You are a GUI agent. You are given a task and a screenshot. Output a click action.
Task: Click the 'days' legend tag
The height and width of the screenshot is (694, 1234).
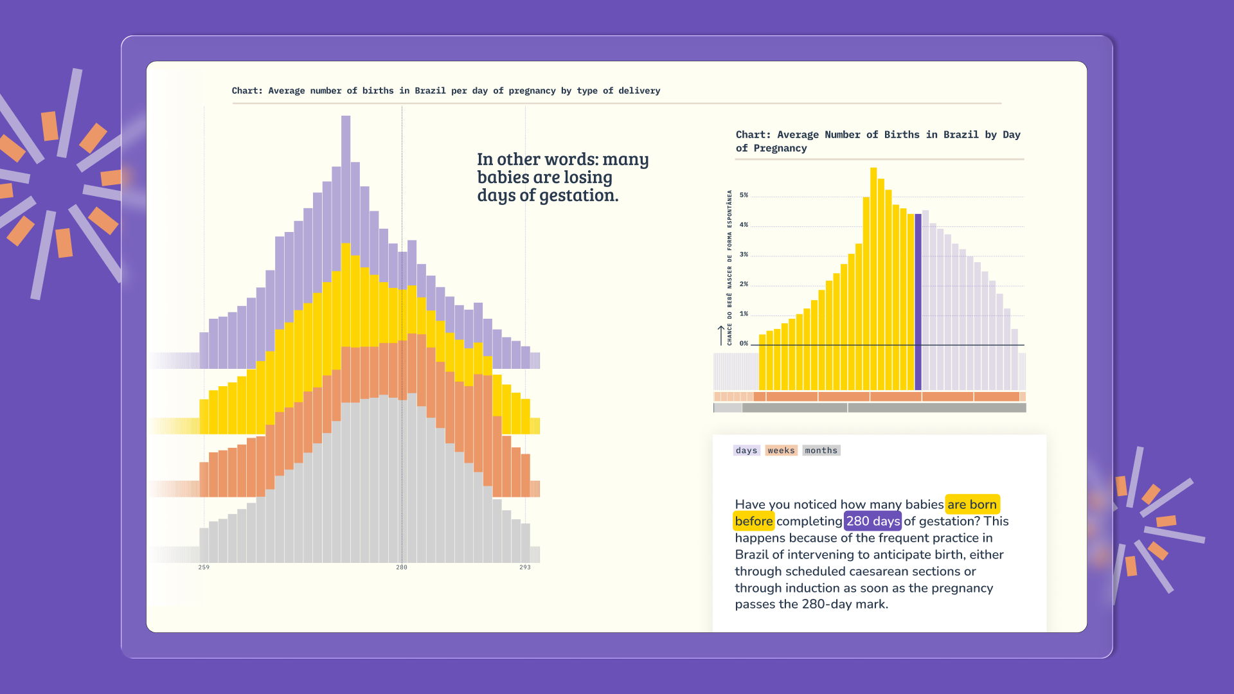click(746, 450)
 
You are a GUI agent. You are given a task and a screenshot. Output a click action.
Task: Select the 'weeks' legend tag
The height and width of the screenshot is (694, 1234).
click(781, 450)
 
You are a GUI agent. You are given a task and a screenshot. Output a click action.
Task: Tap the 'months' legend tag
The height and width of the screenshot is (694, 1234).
click(821, 450)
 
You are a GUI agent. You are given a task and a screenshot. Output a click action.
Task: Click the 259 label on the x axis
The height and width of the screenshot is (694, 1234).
click(204, 567)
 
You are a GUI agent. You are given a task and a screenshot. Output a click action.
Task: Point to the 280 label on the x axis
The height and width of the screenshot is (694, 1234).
click(402, 567)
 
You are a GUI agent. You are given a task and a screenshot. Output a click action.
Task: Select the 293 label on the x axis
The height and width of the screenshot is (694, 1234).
click(525, 567)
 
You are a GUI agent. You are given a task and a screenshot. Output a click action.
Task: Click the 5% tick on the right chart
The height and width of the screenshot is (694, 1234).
click(744, 195)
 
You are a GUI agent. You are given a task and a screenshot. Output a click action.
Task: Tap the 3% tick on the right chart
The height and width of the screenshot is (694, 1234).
click(744, 254)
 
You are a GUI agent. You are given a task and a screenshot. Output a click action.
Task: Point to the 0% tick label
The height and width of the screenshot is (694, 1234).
click(744, 344)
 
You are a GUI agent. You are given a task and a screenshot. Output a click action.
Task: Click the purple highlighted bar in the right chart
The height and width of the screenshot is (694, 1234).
click(918, 302)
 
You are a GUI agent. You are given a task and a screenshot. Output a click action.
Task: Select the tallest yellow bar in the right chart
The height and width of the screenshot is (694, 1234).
click(873, 279)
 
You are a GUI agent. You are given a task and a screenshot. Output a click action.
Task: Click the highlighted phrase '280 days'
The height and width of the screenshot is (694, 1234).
click(873, 521)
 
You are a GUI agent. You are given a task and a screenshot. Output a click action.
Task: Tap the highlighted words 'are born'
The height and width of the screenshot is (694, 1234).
click(972, 504)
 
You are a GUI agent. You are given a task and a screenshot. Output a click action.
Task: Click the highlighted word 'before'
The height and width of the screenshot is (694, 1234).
click(753, 521)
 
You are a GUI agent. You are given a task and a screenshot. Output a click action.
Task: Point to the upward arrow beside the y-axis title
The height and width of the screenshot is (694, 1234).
click(721, 335)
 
